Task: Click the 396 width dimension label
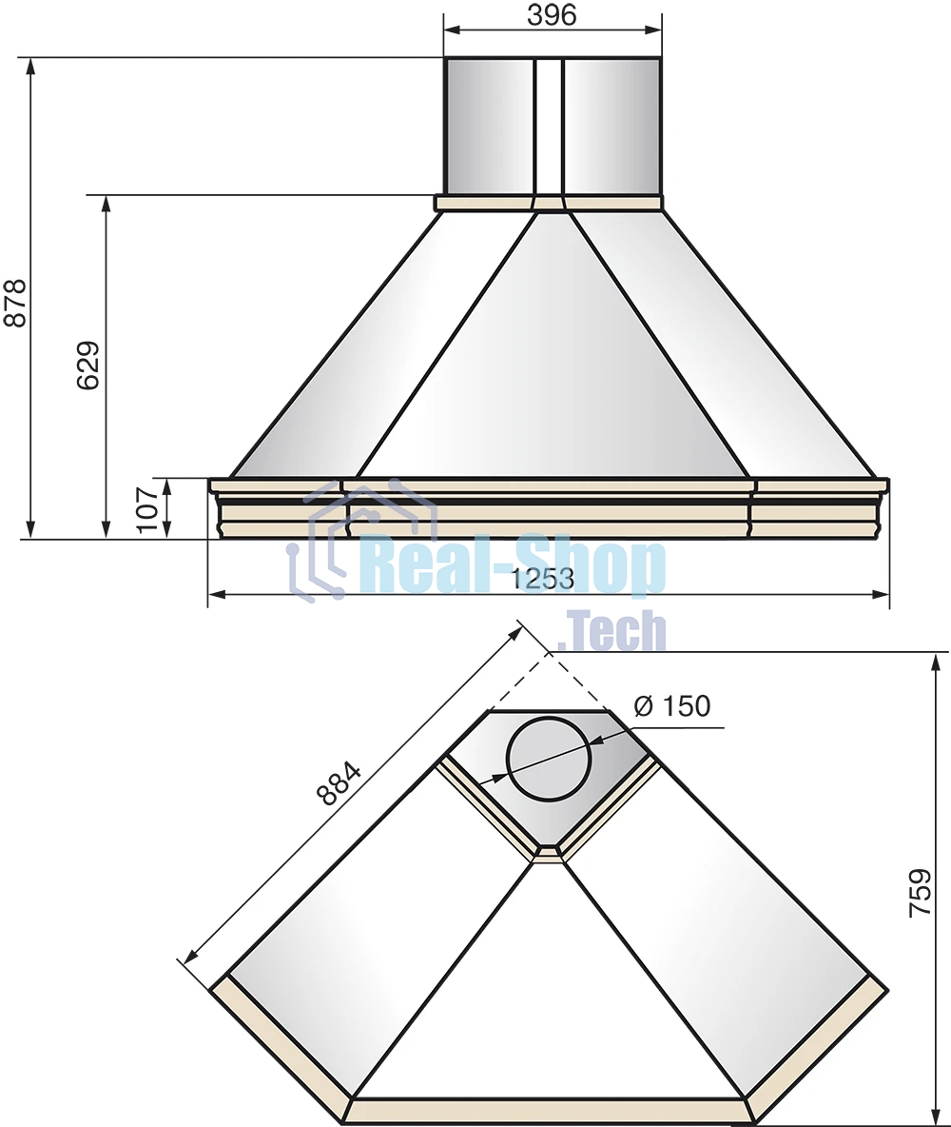click(x=552, y=13)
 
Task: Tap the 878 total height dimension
click(x=15, y=303)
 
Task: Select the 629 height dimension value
click(x=88, y=366)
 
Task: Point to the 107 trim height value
click(x=147, y=509)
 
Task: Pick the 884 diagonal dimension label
click(x=339, y=782)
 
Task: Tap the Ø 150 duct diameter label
click(x=672, y=706)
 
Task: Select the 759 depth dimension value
click(x=921, y=893)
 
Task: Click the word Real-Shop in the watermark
click(x=514, y=569)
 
